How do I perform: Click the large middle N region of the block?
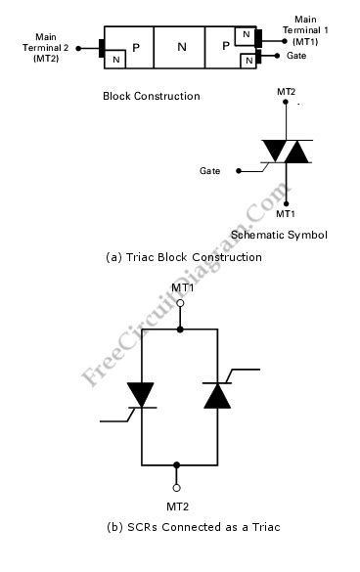(x=179, y=46)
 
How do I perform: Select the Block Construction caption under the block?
(x=151, y=97)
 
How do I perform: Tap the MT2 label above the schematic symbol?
(x=286, y=91)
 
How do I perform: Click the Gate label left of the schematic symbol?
(x=209, y=170)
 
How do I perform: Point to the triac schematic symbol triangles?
(x=285, y=152)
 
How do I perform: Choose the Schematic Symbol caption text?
(x=279, y=236)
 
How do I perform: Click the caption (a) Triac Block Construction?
(x=183, y=257)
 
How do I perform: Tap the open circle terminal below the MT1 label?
(x=179, y=304)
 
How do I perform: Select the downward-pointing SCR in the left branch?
(x=142, y=394)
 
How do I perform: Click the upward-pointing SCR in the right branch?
(x=216, y=394)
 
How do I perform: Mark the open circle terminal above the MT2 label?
(x=177, y=486)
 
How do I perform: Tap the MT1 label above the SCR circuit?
(x=182, y=287)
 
